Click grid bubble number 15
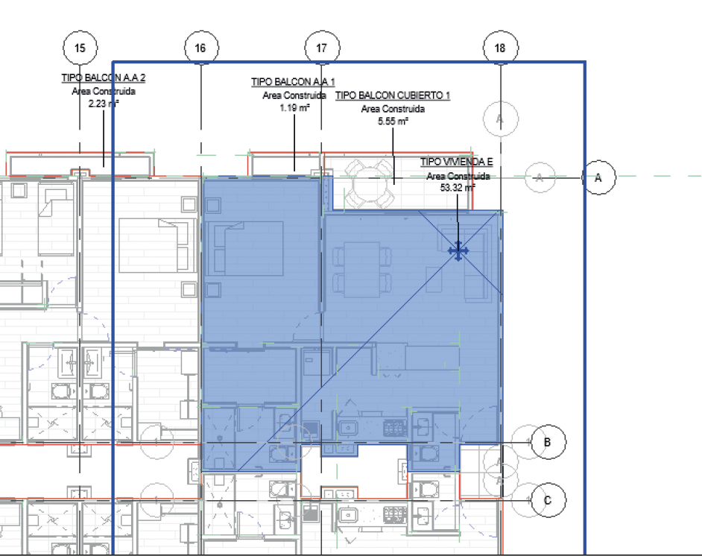(80, 48)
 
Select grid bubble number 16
(201, 48)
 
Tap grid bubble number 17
(322, 48)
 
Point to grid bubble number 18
(501, 48)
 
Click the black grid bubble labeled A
(598, 177)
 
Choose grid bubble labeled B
(548, 442)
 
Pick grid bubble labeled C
(548, 500)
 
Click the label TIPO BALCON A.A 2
(104, 78)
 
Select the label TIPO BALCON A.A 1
(294, 82)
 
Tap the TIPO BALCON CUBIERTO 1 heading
(393, 95)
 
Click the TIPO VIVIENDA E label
(457, 162)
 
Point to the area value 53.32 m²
(458, 188)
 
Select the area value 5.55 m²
(393, 121)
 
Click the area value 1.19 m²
(294, 108)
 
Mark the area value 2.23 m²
(104, 104)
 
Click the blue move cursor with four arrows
(458, 251)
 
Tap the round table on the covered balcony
(370, 183)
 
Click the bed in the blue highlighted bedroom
(249, 248)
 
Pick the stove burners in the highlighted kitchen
(395, 428)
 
